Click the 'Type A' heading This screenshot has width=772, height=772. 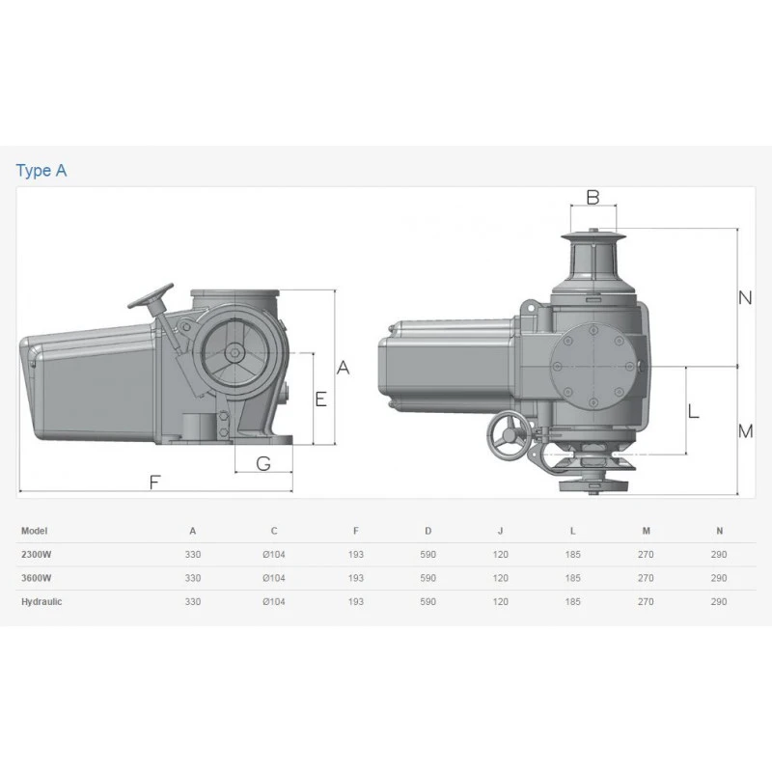tap(41, 171)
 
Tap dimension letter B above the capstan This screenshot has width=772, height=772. tap(593, 198)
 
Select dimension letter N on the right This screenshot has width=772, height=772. tap(745, 297)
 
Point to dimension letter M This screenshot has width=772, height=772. tap(745, 431)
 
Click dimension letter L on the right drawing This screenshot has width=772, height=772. tap(693, 411)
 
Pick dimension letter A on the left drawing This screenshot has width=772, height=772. tap(344, 368)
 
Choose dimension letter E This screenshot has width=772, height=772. tap(321, 399)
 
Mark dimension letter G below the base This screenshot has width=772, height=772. tap(263, 463)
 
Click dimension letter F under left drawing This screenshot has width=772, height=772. tap(154, 482)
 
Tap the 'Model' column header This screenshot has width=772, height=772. tap(34, 531)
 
